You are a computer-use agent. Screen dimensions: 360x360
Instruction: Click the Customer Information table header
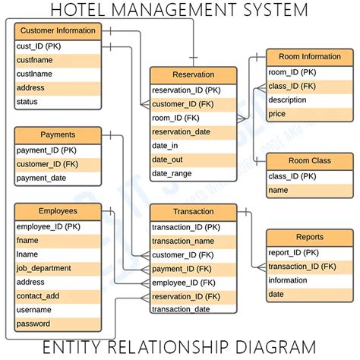[x=58, y=31]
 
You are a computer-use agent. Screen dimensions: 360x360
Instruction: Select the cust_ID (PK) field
[x=39, y=46]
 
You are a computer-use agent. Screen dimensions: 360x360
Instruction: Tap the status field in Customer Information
[x=27, y=102]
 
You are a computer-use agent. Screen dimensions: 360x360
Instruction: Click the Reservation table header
[x=193, y=75]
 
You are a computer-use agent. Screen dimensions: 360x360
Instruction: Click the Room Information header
[x=310, y=57]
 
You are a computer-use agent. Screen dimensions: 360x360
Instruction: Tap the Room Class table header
[x=310, y=161]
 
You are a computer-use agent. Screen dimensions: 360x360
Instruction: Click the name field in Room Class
[x=279, y=190]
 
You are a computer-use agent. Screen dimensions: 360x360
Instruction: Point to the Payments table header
[x=58, y=135]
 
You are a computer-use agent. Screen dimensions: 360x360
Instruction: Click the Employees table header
[x=58, y=211]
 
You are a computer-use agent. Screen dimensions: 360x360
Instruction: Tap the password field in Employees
[x=33, y=324]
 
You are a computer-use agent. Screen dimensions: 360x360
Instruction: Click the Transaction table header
[x=193, y=212]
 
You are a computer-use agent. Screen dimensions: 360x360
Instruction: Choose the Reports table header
[x=310, y=237]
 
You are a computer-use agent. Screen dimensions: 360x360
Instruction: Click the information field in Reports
[x=288, y=280]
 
